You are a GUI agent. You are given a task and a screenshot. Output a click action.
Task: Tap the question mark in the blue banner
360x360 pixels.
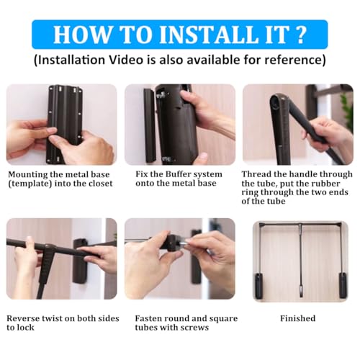[x=300, y=35]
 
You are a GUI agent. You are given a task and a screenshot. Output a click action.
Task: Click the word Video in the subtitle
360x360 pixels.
[x=126, y=60]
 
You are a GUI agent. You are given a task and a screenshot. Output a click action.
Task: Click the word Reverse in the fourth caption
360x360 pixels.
[x=23, y=318]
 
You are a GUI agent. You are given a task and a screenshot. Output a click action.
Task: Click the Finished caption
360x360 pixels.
[x=298, y=318]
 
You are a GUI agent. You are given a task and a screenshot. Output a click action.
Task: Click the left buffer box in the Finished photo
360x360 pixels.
[x=258, y=286]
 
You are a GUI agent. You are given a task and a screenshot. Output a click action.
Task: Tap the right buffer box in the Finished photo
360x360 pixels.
[x=343, y=286]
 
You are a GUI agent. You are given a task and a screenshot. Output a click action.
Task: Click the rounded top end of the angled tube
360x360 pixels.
[x=276, y=100]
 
